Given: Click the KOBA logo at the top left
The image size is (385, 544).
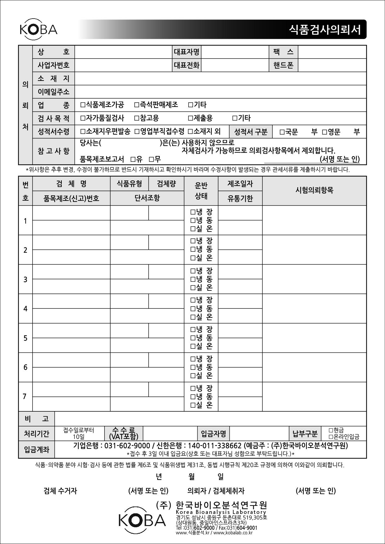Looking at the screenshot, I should (x=38, y=30).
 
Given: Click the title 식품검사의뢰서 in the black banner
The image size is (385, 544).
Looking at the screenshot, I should (x=325, y=30).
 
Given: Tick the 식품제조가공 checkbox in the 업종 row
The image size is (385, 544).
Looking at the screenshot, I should (x=83, y=105).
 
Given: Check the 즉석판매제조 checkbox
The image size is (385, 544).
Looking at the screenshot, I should (x=137, y=105).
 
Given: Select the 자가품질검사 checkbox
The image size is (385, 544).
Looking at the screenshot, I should (x=83, y=118).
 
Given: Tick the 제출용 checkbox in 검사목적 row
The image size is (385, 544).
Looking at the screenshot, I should (x=190, y=118).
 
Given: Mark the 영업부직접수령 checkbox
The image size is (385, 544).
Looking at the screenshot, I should (x=137, y=131).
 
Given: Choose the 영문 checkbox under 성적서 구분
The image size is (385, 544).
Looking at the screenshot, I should (x=325, y=132).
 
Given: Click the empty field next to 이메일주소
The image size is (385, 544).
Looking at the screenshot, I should (x=220, y=92).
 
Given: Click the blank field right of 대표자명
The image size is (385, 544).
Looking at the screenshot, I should (x=235, y=52).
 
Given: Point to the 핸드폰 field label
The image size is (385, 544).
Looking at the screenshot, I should (x=283, y=65).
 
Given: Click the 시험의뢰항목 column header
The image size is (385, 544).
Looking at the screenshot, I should (x=314, y=190).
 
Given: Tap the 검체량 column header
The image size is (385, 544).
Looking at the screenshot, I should (x=166, y=184).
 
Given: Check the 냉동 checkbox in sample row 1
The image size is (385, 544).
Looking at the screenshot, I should (x=193, y=221).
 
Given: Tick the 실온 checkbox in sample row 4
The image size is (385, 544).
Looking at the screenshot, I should (x=193, y=317).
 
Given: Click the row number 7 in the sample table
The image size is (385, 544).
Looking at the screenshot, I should (x=25, y=396).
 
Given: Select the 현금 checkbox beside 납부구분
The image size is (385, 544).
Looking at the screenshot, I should (x=331, y=430).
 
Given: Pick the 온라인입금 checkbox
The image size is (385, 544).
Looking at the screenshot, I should (x=331, y=437).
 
